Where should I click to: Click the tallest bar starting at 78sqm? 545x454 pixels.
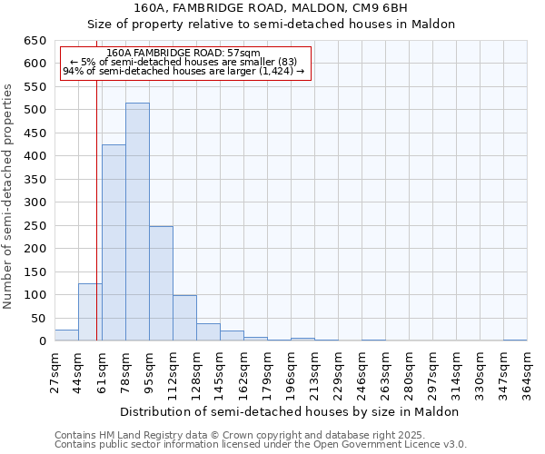tap(137, 222)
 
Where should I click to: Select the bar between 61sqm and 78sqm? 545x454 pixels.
tap(114, 243)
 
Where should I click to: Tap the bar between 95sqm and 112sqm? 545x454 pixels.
tap(161, 283)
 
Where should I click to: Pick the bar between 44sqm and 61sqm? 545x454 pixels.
tap(90, 312)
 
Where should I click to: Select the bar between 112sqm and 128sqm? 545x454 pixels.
tap(184, 318)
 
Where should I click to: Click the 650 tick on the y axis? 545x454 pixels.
tap(35, 41)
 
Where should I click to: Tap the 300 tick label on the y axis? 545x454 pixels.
tap(35, 202)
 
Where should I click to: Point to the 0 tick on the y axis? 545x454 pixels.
tap(42, 341)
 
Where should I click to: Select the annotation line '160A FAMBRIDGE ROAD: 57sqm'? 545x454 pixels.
tap(183, 53)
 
